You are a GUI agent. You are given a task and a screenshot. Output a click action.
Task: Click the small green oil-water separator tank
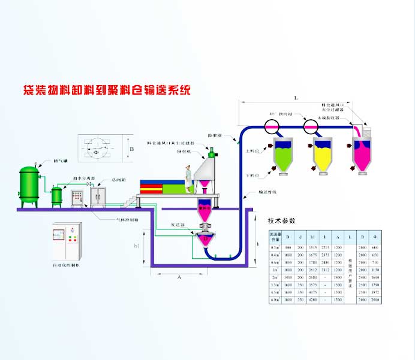coord(57,195)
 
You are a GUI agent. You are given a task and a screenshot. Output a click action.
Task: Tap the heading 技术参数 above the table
coord(282,220)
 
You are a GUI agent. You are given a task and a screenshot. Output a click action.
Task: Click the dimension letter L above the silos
coord(296,96)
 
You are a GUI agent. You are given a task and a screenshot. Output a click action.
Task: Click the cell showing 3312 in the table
coord(324,270)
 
